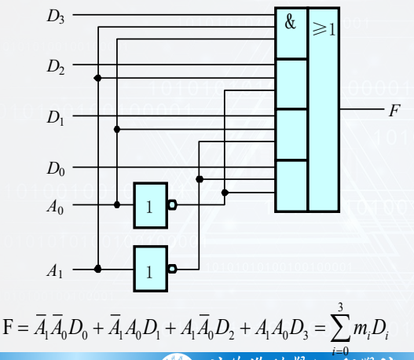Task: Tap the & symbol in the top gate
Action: click(291, 24)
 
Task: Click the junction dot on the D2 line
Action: click(97, 78)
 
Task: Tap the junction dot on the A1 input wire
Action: click(97, 268)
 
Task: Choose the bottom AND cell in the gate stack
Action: click(290, 186)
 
